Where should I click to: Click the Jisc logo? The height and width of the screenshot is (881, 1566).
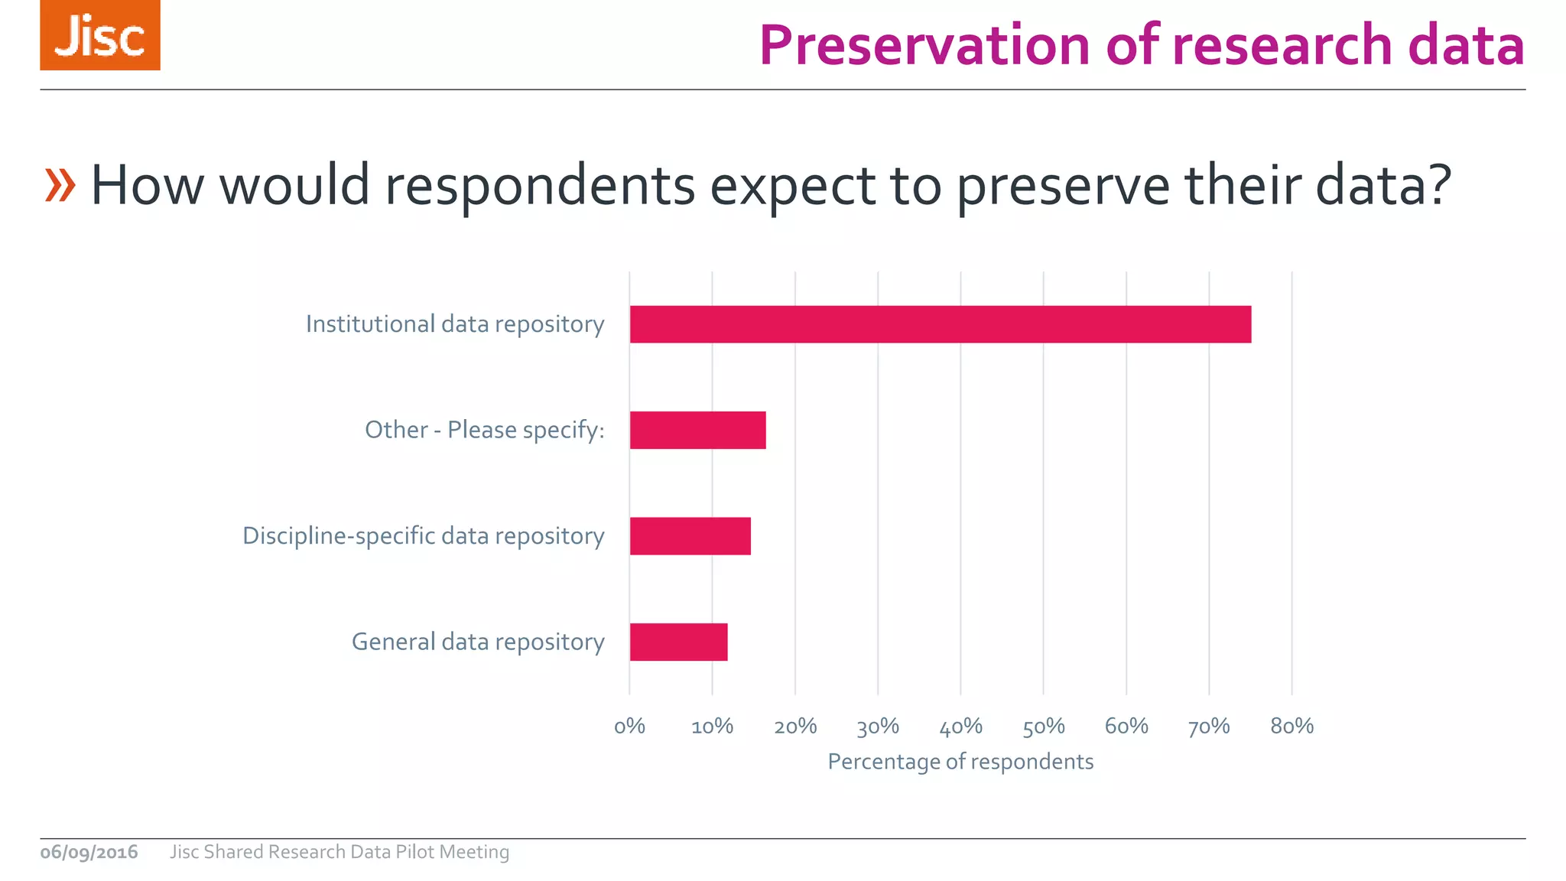pyautogui.click(x=100, y=35)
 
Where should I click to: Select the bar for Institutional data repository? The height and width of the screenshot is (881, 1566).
pyautogui.click(x=940, y=324)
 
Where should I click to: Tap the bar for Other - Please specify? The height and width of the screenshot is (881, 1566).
pyautogui.click(x=697, y=430)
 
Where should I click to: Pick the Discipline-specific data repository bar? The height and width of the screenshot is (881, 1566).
pyautogui.click(x=690, y=536)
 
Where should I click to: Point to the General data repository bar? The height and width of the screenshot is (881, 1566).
pyautogui.click(x=678, y=642)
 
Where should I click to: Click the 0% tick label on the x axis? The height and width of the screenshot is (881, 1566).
pyautogui.click(x=629, y=726)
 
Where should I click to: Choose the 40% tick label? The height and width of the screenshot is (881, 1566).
pyautogui.click(x=960, y=726)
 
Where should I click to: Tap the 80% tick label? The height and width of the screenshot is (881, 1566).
pyautogui.click(x=1291, y=726)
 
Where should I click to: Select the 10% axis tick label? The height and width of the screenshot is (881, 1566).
pyautogui.click(x=712, y=726)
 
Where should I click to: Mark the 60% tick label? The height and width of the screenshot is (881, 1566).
pyautogui.click(x=1126, y=726)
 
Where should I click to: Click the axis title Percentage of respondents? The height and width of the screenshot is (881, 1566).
pyautogui.click(x=960, y=762)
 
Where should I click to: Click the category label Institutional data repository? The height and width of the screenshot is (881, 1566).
pyautogui.click(x=455, y=324)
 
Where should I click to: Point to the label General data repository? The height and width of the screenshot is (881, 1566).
pyautogui.click(x=478, y=642)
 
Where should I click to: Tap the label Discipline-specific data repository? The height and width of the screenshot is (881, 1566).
pyautogui.click(x=423, y=536)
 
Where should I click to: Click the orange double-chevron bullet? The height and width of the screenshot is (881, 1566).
pyautogui.click(x=60, y=185)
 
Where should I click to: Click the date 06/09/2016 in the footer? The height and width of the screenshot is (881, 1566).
pyautogui.click(x=89, y=852)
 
